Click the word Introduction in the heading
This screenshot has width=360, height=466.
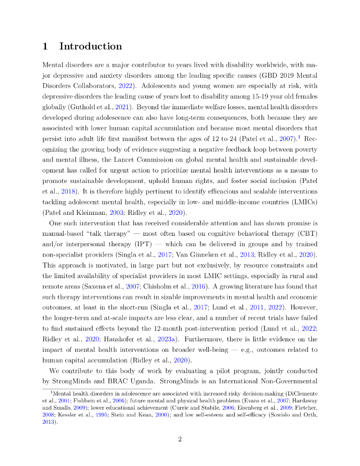point(91,46)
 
